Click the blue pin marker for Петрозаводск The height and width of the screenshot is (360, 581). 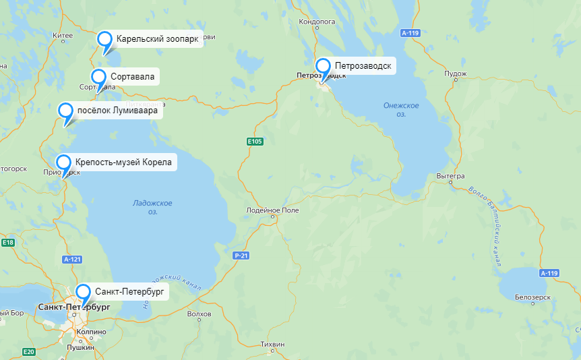click(324, 67)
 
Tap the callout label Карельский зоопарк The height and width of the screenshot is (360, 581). click(157, 39)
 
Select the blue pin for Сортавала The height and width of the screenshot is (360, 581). click(99, 77)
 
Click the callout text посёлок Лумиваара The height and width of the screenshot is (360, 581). click(117, 111)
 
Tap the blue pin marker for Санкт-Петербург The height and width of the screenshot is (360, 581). click(83, 293)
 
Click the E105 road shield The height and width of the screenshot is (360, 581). click(255, 142)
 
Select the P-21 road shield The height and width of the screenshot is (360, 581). click(241, 256)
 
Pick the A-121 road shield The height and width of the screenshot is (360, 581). click(71, 260)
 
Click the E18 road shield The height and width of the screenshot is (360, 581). click(8, 243)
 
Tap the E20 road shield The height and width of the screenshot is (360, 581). click(28, 351)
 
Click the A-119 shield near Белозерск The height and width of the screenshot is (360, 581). click(549, 273)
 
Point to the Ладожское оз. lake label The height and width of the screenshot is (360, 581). click(152, 207)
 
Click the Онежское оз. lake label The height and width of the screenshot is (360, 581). click(401, 110)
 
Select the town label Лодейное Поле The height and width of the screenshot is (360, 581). click(273, 210)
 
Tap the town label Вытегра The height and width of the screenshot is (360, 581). click(451, 176)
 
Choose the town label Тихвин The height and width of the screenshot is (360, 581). click(272, 344)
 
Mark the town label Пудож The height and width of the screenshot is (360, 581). click(456, 73)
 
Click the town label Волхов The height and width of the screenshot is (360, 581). click(199, 314)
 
